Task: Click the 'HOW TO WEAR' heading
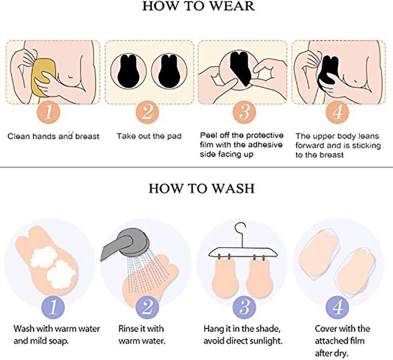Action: [198, 6]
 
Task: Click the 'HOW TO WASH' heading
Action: [201, 188]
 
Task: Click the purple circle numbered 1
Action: [53, 307]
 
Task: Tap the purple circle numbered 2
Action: [148, 307]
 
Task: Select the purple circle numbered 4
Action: [338, 307]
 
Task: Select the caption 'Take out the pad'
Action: [149, 136]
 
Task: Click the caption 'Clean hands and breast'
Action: [53, 136]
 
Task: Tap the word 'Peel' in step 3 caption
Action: [207, 135]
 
